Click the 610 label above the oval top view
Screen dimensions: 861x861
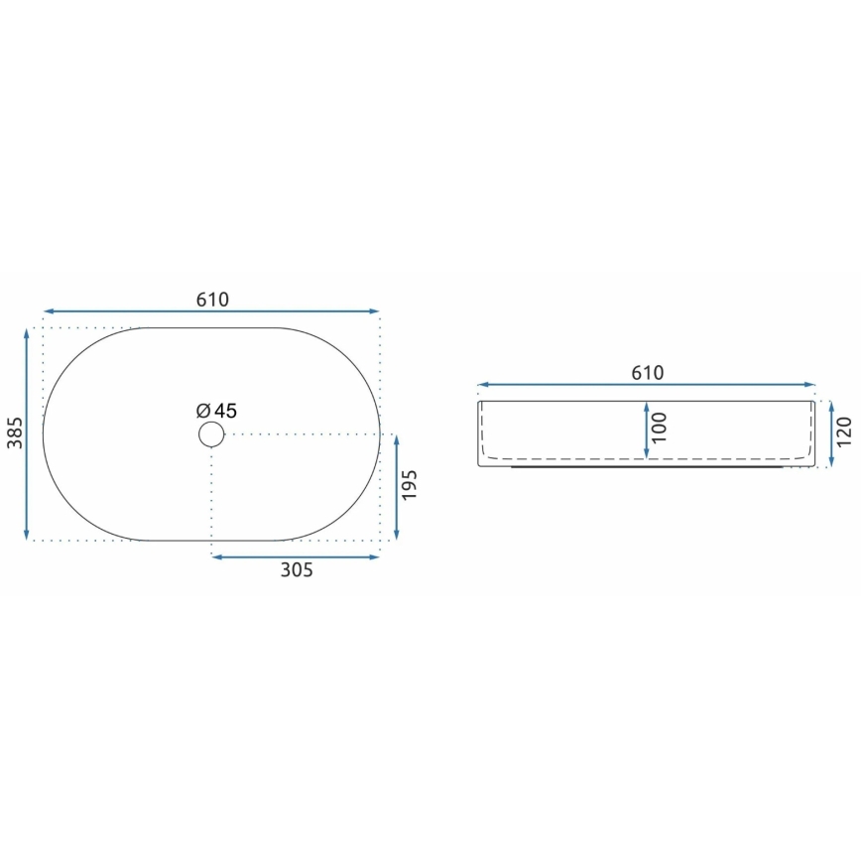212,299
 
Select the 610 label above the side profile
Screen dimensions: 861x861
647,373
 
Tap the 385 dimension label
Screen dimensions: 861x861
14,432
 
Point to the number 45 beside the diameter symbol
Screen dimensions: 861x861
225,411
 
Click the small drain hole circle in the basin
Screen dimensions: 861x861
211,433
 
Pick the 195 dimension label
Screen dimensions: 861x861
412,487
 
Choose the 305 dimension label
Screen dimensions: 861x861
297,570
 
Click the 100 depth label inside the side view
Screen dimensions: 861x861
661,428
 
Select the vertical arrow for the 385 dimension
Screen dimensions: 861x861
27,434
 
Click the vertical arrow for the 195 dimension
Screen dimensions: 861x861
397,487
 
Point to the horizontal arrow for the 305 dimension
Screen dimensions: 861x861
297,556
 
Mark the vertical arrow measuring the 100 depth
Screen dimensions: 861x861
647,430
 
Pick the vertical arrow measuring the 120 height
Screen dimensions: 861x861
829,432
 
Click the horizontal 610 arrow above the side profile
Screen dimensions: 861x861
647,385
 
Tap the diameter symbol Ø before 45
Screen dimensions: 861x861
201,411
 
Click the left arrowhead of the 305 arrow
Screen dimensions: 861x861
217,556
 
